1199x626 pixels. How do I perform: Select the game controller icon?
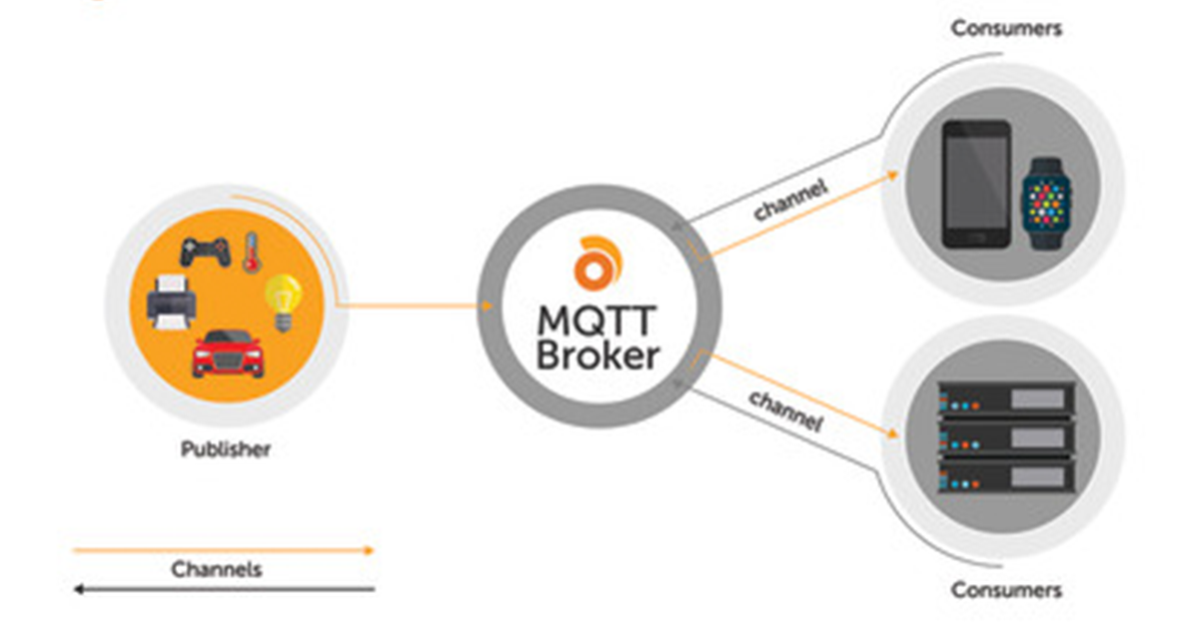tap(205, 250)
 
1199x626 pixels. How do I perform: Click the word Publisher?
tap(226, 449)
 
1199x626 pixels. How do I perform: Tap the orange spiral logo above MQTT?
tap(598, 263)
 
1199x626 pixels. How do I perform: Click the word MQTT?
tap(598, 321)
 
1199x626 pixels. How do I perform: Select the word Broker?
tap(598, 354)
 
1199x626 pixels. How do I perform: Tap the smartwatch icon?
tap(1045, 203)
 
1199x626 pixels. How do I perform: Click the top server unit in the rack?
tap(1005, 399)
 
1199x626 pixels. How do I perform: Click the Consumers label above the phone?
tap(1006, 28)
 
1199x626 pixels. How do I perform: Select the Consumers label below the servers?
tap(1006, 590)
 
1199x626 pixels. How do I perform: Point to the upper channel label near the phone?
tap(790, 199)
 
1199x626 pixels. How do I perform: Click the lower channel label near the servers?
tap(785, 410)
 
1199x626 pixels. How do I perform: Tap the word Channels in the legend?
tap(217, 570)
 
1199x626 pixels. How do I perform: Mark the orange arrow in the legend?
tap(223, 549)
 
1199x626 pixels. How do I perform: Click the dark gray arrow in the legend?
tap(223, 589)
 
